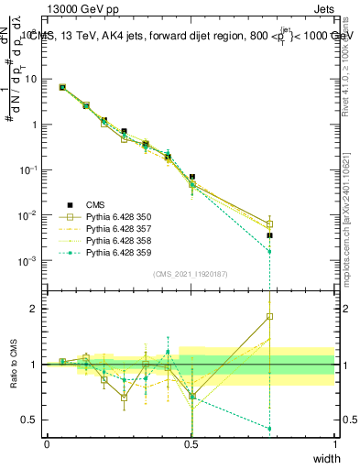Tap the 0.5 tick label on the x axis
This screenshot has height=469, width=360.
point(191,443)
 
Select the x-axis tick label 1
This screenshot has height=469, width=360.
point(334,443)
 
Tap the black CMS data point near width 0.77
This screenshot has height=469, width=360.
point(269,235)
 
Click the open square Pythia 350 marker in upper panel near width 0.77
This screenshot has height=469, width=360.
point(269,224)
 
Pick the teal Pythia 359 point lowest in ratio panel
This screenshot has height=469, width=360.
point(269,429)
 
